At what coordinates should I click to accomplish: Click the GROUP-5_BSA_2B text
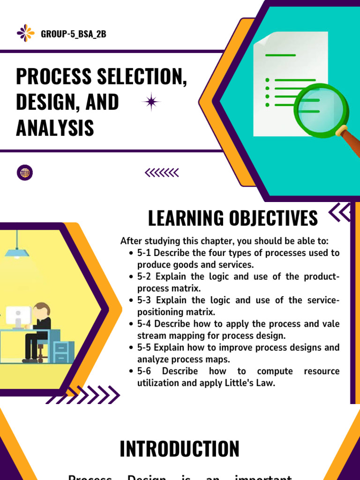pos(74,34)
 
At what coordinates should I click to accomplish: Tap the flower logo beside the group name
pos(26,33)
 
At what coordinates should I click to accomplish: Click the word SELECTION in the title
pos(141,76)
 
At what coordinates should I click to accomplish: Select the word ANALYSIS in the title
pos(55,127)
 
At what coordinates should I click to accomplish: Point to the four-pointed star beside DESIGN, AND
pos(151,102)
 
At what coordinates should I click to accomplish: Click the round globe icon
pos(25,172)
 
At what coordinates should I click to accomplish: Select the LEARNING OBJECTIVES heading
pos(232,218)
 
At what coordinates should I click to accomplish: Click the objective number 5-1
pos(144,253)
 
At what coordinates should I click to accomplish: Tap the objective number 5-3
pos(145,300)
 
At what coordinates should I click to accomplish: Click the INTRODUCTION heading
pos(180,449)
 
